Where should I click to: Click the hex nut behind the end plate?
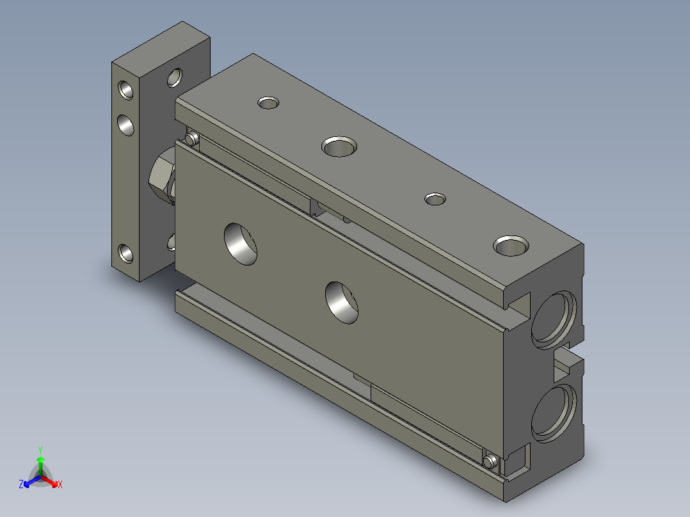coord(161,175)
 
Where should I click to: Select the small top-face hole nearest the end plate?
coord(268,103)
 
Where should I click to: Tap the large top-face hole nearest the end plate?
coord(339,147)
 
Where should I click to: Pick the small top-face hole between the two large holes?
coord(435,199)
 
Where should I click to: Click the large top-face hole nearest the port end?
coord(511,246)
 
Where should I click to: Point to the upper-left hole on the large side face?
coord(241,244)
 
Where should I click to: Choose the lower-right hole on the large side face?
coord(342,303)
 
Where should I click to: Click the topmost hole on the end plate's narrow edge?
coord(126,90)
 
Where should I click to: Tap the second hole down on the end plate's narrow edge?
coord(126,125)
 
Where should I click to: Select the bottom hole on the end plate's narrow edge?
coord(126,253)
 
